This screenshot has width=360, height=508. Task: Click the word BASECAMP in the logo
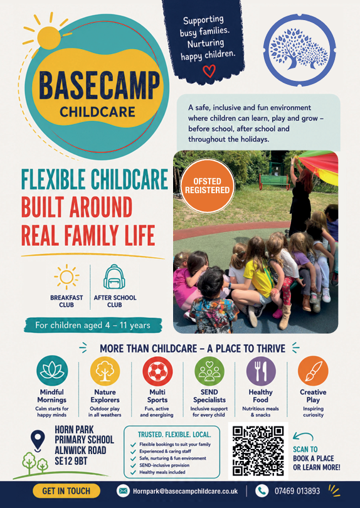pos(100,85)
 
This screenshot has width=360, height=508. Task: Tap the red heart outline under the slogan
pos(209,71)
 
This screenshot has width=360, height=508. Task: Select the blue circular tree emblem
pos(299,50)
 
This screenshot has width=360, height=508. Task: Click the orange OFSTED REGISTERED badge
pos(208,186)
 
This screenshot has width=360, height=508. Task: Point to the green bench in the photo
pos(275,181)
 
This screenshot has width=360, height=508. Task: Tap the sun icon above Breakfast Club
pos(66,277)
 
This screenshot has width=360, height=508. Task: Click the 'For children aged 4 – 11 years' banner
pos(93,325)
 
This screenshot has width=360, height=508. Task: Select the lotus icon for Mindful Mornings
pos(52,371)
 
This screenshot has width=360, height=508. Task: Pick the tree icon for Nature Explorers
pos(105,371)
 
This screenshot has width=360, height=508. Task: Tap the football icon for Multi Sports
pos(157,371)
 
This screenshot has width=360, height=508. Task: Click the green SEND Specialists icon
pos(209,371)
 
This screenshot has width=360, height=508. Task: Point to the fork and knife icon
pos(261,371)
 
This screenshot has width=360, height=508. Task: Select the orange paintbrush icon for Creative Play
pos(313,371)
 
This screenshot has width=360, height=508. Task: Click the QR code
pos(258,451)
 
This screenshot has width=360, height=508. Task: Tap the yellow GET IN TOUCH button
pos(66,491)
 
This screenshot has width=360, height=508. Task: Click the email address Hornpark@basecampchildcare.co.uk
pos(185,492)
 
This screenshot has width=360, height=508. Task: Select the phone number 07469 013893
pos(297,491)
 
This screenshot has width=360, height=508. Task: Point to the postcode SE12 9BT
pos(71,461)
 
